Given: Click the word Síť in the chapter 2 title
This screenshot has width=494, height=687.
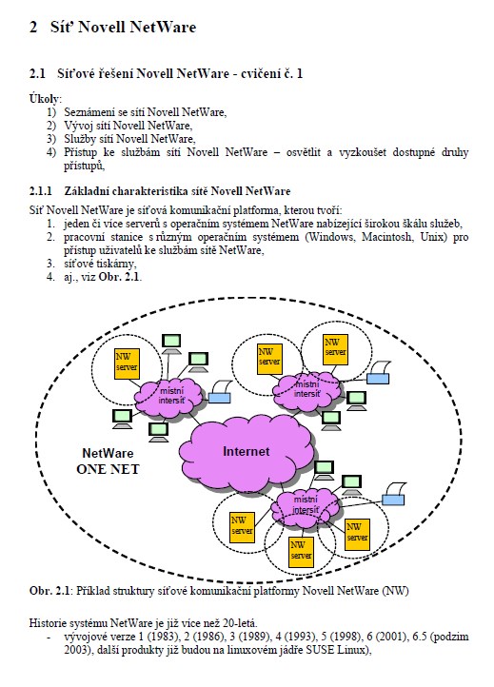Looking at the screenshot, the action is click(61, 27).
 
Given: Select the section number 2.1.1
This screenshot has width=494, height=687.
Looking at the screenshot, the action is click(40, 191).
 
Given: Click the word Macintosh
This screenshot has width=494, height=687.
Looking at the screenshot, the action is click(386, 237).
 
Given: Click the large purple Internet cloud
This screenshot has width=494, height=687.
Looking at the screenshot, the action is click(246, 452).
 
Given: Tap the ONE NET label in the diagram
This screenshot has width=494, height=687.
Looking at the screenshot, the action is click(108, 469).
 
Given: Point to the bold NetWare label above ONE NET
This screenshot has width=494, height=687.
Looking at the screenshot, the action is click(108, 453).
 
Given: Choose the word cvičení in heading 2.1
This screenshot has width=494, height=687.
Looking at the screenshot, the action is click(261, 73).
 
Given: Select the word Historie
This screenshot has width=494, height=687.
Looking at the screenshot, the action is click(46, 622).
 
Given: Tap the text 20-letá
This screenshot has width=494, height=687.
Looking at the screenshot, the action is click(240, 622).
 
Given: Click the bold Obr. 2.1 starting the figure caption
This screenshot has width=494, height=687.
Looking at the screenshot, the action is click(49, 591).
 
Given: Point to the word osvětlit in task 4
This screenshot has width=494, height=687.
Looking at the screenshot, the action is click(304, 152).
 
